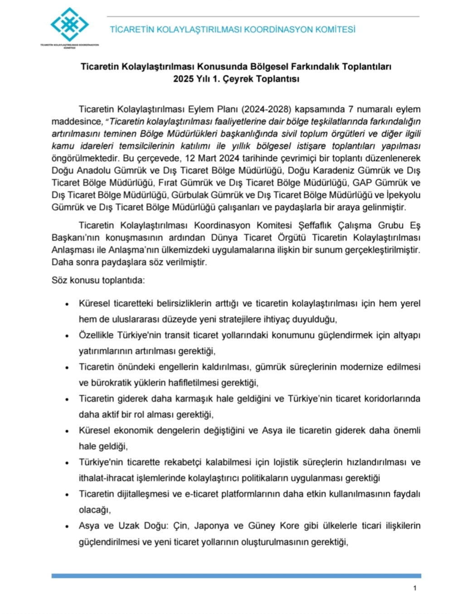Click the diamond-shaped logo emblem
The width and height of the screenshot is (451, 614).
coord(69,25)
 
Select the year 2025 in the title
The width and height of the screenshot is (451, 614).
coord(183,78)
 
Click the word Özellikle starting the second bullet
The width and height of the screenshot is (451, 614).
coord(97,335)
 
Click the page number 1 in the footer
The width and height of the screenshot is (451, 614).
coord(415,588)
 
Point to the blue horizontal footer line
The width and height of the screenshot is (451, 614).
coord(236,576)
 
